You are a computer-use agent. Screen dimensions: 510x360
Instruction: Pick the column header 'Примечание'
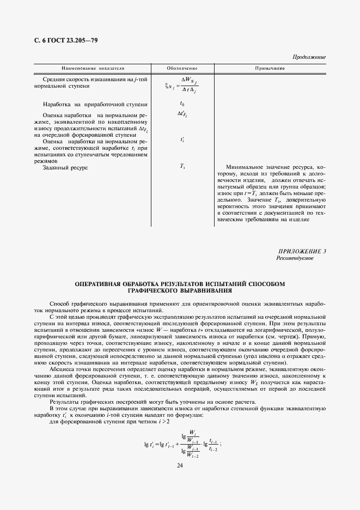click(270, 69)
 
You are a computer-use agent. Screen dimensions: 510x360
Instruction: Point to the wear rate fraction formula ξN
click(181, 84)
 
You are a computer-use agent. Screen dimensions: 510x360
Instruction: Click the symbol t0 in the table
click(182, 104)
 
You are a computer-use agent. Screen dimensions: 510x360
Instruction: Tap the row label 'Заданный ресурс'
click(65, 168)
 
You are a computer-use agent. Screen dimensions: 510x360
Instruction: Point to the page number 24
click(180, 465)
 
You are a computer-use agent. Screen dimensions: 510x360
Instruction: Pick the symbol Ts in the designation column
click(182, 166)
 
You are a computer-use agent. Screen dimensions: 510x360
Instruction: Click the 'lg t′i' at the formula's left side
click(150, 445)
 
